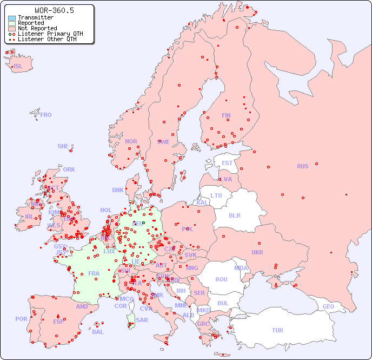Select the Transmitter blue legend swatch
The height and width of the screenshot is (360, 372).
coord(12,18)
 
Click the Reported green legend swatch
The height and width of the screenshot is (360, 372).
coord(12,23)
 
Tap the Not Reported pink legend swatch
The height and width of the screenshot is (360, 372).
coord(12,29)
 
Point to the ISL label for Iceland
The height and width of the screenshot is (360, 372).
coord(18,67)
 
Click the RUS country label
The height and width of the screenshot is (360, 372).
coord(302,166)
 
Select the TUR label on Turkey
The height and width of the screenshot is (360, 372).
coord(277,330)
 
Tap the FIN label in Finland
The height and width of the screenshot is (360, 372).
coord(226,115)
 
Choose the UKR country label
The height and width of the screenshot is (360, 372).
coord(257,252)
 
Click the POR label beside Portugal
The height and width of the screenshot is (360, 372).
coord(21,319)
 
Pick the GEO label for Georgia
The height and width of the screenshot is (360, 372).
coord(328,306)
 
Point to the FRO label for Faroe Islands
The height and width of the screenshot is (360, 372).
coord(46,115)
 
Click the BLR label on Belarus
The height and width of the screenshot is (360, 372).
coord(234,215)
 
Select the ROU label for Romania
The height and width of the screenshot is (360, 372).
coord(221,279)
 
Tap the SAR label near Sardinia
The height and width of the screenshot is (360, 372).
coord(142,320)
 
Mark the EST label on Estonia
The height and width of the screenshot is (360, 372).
coord(227,163)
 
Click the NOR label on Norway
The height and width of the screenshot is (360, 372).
coord(131,141)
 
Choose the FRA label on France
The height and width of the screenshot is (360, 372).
coord(94,273)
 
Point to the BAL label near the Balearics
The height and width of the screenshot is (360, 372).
coord(98,332)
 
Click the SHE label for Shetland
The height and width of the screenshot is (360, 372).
coord(63,146)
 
